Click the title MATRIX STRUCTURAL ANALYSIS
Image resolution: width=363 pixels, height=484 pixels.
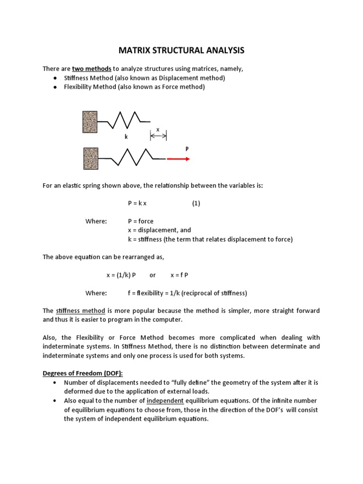tap(181, 50)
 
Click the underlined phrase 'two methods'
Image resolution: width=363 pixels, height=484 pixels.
tap(92, 69)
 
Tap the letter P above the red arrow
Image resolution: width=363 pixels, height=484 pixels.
tap(187, 148)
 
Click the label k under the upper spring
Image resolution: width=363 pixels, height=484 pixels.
tap(126, 137)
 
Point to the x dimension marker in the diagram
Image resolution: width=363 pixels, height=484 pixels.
tap(158, 136)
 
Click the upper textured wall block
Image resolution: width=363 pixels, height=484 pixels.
tap(90, 121)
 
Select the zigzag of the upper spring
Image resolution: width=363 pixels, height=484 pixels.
tap(124, 121)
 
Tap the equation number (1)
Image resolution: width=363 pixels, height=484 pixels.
tap(196, 203)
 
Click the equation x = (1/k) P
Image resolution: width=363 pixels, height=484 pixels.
tap(121, 275)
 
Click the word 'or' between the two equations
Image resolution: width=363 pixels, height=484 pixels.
tap(152, 275)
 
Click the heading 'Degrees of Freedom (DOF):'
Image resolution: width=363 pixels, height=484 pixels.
tap(83, 373)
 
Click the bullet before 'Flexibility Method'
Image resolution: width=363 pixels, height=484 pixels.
tap(55, 87)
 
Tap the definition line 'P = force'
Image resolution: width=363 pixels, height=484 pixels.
tap(140, 221)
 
